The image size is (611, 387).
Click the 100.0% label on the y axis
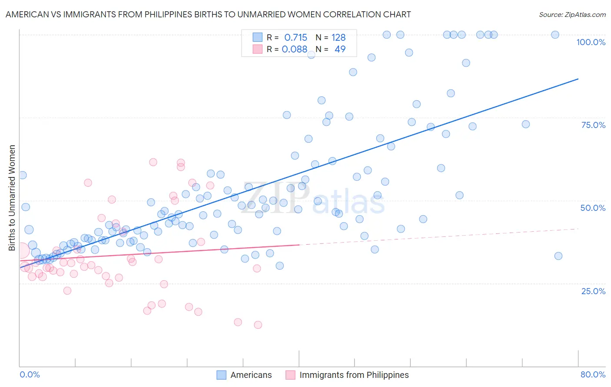tap(591, 42)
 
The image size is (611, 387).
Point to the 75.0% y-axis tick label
tap(593, 125)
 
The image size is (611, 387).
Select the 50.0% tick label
tap(593, 208)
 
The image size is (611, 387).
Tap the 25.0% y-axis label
tap(593, 291)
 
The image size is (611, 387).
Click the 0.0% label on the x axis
tap(30, 374)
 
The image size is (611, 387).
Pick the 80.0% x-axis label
tap(593, 374)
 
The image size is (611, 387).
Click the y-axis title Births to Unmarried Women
tap(12, 198)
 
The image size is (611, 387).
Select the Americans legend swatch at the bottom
tap(221, 375)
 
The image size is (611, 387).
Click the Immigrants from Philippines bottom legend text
tap(354, 375)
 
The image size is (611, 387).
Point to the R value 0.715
tap(296, 38)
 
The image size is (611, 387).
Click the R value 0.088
tap(294, 49)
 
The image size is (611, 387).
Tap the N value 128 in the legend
tap(339, 38)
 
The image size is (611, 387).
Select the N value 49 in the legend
tap(340, 49)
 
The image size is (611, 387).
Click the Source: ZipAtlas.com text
tap(572, 15)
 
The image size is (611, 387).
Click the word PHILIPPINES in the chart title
tap(183, 15)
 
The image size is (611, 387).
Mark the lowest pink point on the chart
tap(258, 325)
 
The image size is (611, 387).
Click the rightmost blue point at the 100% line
tap(555, 35)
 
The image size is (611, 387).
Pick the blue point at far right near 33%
tap(558, 256)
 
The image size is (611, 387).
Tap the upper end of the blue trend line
tap(578, 79)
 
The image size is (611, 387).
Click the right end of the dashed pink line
tap(578, 229)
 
